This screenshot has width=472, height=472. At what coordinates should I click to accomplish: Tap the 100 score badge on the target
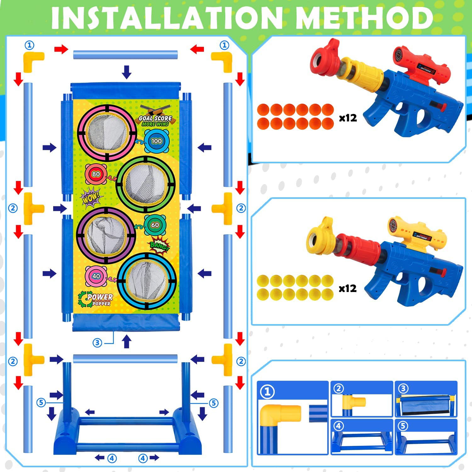157,141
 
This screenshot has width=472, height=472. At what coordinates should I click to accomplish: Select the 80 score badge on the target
96,174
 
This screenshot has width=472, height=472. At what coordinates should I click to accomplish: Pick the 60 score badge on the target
155,225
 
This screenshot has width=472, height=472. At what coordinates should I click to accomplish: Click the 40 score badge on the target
96,276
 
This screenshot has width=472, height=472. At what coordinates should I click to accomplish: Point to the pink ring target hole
107,132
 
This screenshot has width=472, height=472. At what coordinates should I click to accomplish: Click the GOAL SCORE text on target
155,119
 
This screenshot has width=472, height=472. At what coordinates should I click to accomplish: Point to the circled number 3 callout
98,343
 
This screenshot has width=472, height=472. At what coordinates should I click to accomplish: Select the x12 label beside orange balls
348,118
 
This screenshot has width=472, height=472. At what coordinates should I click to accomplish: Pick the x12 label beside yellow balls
347,288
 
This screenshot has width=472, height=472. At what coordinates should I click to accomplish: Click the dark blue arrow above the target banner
126,72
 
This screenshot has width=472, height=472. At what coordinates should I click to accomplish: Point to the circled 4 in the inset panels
338,426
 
